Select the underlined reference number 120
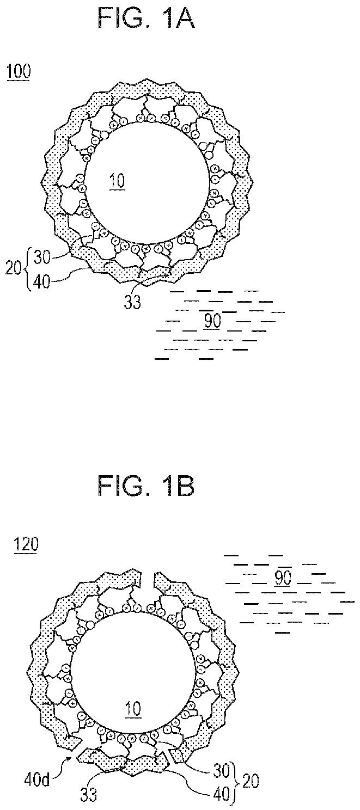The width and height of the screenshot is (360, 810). click(x=26, y=544)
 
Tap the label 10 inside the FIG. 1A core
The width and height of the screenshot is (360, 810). click(x=116, y=180)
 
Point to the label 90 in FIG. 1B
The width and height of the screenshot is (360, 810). click(x=283, y=578)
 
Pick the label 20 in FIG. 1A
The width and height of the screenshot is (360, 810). click(x=14, y=270)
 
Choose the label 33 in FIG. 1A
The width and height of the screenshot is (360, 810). click(x=132, y=302)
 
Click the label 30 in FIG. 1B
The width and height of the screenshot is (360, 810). click(x=222, y=769)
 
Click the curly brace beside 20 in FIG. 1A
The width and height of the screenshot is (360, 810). click(x=28, y=270)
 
